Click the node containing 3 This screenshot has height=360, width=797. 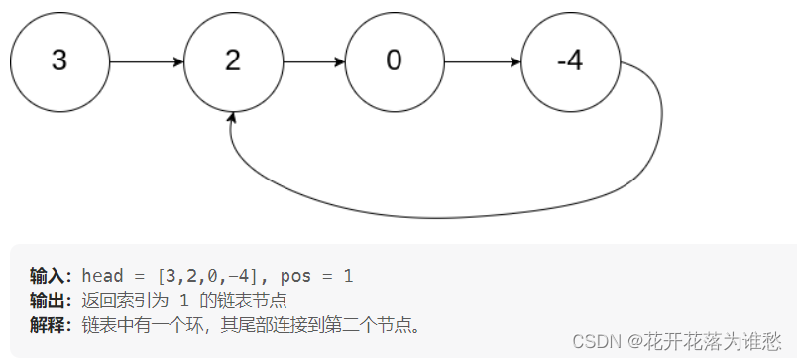(58, 61)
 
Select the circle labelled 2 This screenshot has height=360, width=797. (233, 61)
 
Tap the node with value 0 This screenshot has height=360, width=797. (394, 61)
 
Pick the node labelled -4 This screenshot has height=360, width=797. (570, 61)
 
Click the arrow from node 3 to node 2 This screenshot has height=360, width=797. (146, 61)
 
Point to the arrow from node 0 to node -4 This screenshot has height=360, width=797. (482, 61)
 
